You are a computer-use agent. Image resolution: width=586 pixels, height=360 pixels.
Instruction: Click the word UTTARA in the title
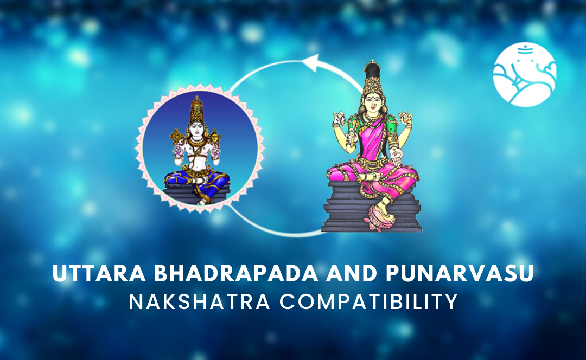[99, 273]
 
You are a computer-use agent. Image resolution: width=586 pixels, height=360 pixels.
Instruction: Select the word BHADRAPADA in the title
[236, 273]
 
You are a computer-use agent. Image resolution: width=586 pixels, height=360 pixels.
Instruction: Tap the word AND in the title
[352, 273]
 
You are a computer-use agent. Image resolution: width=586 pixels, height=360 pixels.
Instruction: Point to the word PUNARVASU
[460, 273]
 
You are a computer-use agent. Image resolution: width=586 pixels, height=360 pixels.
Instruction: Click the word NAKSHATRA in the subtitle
[200, 302]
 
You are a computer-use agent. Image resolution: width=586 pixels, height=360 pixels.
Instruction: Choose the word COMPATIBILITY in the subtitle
[369, 302]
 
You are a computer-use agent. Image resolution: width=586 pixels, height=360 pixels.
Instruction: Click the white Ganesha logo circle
[524, 74]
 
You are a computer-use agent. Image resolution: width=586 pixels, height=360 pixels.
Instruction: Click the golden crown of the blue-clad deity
[197, 110]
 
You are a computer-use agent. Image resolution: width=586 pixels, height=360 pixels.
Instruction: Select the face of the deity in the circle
[197, 129]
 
